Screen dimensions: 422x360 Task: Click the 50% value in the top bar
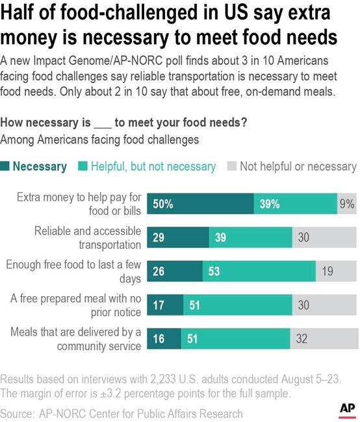[163, 204]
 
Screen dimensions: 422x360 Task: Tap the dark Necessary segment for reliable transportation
[177, 238]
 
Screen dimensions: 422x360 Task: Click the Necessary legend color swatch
[6, 167]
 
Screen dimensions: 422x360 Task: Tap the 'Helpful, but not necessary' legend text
[153, 167]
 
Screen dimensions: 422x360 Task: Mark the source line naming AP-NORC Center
[122, 414]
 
